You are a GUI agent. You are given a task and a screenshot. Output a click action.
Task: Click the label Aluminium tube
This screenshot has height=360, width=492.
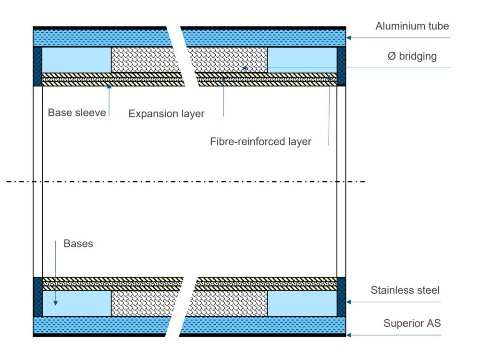click(x=412, y=26)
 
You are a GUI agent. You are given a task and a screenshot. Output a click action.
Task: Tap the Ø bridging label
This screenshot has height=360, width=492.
click(x=412, y=56)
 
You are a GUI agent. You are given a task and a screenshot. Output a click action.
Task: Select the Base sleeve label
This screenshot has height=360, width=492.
click(x=77, y=113)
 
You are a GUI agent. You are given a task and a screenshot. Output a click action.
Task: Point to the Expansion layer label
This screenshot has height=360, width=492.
click(x=166, y=114)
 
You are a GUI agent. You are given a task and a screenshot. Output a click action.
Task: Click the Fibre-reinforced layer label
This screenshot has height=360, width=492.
click(x=260, y=141)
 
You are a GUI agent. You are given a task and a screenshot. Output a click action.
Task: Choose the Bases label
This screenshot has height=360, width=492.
click(x=78, y=244)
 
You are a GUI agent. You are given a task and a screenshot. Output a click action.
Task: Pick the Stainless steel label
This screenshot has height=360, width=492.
click(x=405, y=290)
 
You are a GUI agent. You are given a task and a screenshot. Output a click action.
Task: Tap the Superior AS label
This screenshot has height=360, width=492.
click(x=412, y=323)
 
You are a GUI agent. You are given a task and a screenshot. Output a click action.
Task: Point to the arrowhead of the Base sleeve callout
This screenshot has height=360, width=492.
click(x=109, y=86)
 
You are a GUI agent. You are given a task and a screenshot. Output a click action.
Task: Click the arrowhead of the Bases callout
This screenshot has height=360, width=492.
click(x=56, y=303)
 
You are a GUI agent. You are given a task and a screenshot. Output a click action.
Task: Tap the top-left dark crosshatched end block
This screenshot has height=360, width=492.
click(x=37, y=66)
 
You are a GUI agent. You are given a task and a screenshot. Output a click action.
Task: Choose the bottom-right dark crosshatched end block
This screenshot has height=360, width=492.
click(x=341, y=297)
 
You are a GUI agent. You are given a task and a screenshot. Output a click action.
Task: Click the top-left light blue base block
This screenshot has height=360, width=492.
click(x=76, y=60)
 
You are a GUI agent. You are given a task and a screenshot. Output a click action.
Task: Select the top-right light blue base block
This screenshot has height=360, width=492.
click(x=302, y=60)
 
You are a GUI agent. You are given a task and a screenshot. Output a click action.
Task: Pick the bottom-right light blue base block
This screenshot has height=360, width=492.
click(x=302, y=303)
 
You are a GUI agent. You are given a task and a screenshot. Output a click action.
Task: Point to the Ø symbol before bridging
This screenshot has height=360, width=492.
click(x=392, y=56)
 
